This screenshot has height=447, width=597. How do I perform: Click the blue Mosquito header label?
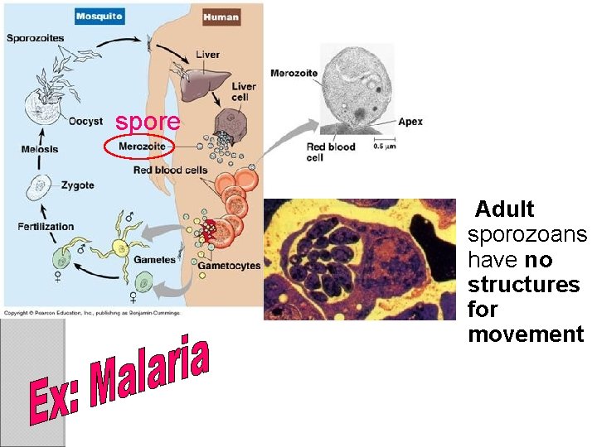100,16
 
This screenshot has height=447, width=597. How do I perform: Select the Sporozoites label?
35,37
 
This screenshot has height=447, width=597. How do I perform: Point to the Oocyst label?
85,122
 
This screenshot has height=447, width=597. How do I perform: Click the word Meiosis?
40,149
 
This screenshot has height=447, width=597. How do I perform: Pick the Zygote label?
77,185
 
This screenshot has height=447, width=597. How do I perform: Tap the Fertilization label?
46,226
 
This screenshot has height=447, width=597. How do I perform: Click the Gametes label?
155,260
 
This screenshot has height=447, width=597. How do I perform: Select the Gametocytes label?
230,266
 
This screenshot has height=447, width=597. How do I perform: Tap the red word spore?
148,122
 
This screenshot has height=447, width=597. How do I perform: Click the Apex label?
410,122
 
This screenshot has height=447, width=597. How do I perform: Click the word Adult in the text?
505,209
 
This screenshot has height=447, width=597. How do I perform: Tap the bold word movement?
526,334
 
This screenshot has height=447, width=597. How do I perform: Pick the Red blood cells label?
170,171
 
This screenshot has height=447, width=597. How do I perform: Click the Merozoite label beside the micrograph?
294,73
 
